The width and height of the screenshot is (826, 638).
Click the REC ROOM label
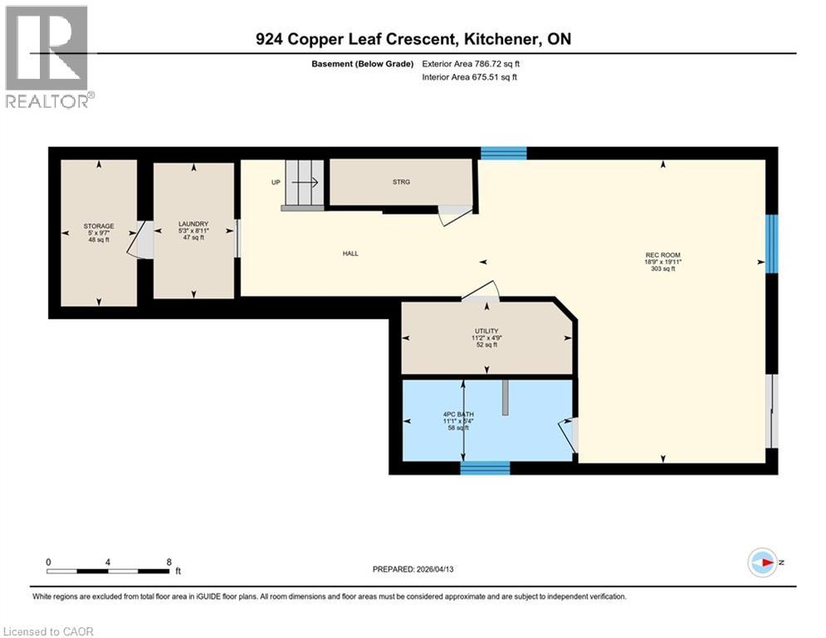(662, 255)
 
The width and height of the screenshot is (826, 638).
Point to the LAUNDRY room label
(193, 223)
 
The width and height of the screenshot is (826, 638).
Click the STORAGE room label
(98, 226)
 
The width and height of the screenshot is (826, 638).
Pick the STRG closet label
(402, 182)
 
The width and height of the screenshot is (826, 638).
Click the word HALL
(350, 253)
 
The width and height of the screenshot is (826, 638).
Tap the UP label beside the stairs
(275, 182)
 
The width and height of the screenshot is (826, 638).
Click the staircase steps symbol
(303, 185)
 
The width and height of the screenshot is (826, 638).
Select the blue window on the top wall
(504, 153)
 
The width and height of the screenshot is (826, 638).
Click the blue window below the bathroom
(485, 469)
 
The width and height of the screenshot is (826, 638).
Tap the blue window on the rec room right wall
(771, 243)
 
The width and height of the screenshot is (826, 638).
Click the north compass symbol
(761, 563)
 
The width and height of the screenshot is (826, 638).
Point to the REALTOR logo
(48, 56)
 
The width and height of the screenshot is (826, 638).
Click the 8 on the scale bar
(169, 562)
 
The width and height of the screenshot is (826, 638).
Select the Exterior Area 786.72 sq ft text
(471, 63)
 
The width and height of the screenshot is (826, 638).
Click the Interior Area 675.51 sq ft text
(470, 77)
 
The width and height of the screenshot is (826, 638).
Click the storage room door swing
(138, 240)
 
